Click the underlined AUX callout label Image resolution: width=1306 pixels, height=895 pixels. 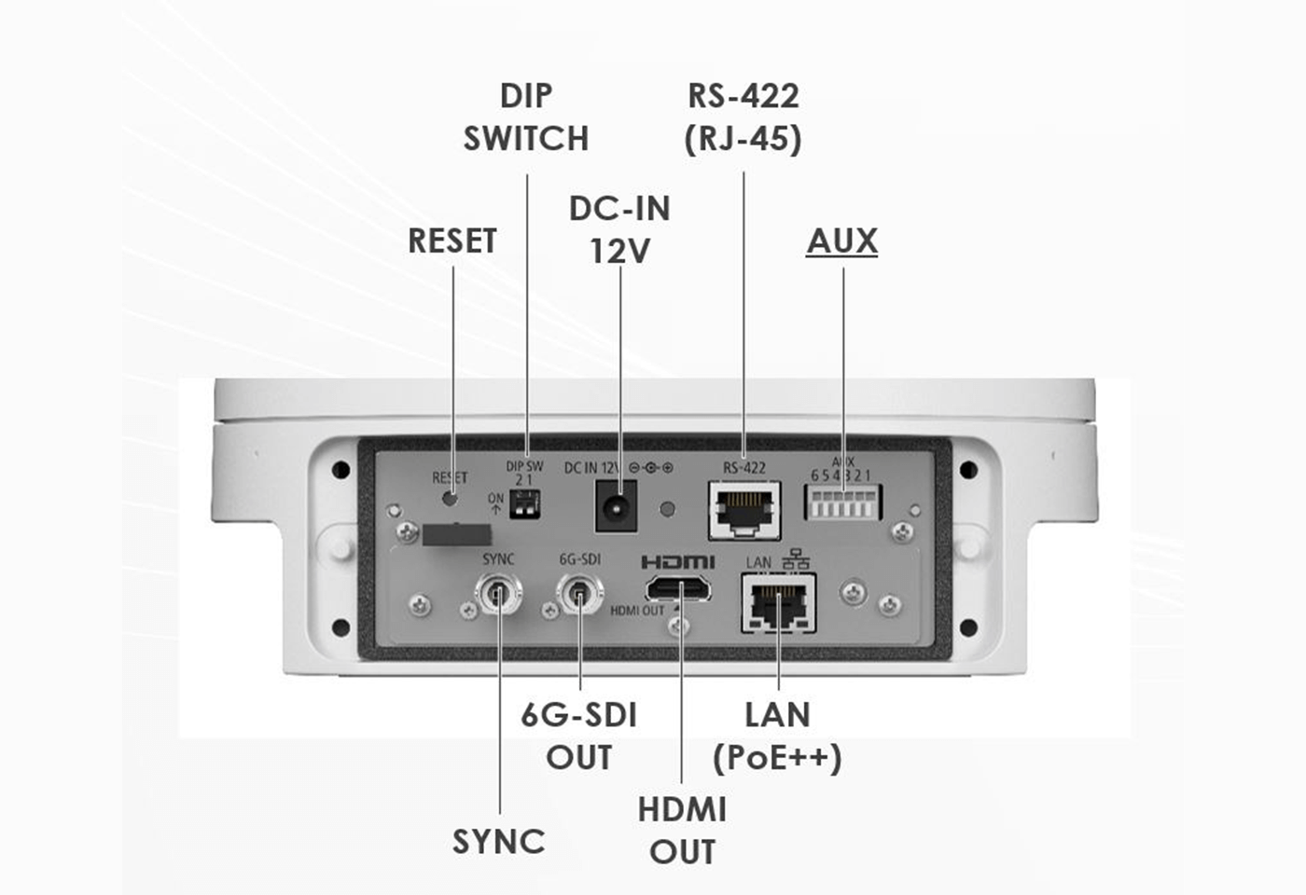[x=841, y=241]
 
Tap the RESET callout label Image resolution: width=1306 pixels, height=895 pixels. [x=452, y=241]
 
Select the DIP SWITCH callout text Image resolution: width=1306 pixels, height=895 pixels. [x=526, y=117]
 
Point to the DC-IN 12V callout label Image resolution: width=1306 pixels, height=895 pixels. [x=619, y=229]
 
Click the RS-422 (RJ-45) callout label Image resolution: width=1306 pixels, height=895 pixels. [x=743, y=117]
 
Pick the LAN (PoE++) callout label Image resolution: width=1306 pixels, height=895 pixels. [x=777, y=737]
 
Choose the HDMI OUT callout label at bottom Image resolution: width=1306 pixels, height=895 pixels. [x=682, y=831]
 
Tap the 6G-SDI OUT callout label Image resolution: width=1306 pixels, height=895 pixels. [x=578, y=737]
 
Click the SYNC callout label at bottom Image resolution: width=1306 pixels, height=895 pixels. [x=498, y=842]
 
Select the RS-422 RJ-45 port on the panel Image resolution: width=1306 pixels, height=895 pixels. [x=744, y=509]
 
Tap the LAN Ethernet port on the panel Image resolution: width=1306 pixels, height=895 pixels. [x=778, y=603]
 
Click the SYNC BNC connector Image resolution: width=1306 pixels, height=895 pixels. [x=498, y=593]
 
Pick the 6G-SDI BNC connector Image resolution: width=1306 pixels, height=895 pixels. [x=579, y=593]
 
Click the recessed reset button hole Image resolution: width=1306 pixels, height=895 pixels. [x=450, y=498]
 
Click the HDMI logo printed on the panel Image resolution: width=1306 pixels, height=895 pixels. [x=678, y=562]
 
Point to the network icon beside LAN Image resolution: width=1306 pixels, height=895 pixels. [x=796, y=559]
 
